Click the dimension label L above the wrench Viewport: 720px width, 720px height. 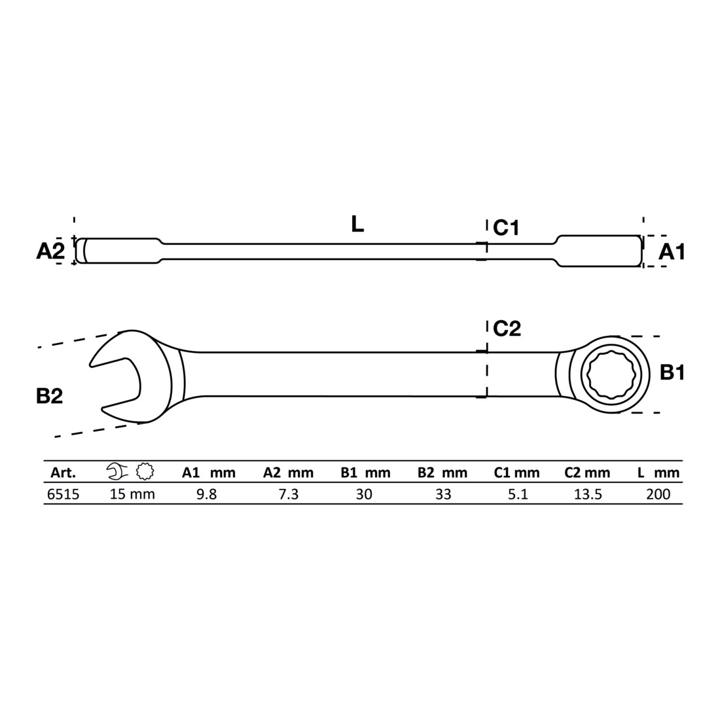coord(357,224)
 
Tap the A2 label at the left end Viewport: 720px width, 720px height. coord(50,251)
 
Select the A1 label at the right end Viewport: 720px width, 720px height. coord(672,251)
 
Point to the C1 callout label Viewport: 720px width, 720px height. coord(505,227)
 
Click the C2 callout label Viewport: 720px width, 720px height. coord(507,329)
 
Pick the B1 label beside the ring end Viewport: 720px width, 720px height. coord(672,372)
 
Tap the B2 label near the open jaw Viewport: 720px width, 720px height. coord(49,396)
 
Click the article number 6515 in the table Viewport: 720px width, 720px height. coord(63,494)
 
